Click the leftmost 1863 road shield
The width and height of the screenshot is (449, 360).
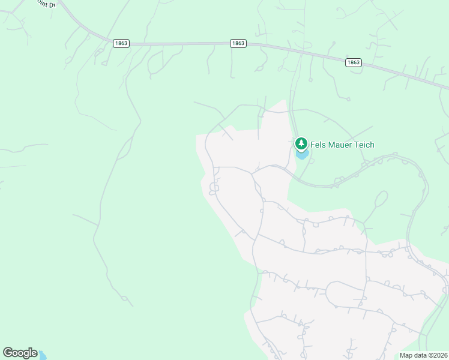(120, 43)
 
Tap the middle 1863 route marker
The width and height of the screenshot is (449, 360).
(238, 43)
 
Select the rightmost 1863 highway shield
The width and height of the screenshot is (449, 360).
(354, 62)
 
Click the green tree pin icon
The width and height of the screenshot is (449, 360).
(301, 144)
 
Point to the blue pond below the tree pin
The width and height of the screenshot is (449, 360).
(303, 155)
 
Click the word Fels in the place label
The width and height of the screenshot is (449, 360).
(318, 145)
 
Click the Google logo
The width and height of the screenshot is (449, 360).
(20, 353)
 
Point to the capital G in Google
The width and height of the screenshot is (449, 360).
(8, 353)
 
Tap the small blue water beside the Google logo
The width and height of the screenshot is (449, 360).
(42, 356)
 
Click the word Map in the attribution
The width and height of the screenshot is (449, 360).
(406, 355)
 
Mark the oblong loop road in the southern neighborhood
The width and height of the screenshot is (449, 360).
(345, 295)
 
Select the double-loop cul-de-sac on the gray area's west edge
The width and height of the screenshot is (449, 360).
(213, 188)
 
